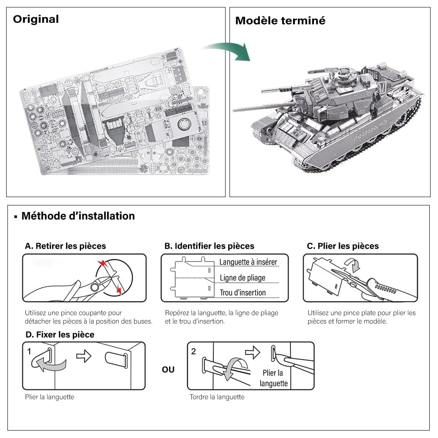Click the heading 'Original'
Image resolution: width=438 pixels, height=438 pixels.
[35, 19]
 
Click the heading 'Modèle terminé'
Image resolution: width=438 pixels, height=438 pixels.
[280, 21]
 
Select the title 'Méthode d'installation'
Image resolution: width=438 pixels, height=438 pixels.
[78, 216]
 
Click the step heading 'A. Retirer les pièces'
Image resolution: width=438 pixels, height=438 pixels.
[65, 246]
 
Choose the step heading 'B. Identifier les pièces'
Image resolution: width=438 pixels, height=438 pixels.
[209, 246]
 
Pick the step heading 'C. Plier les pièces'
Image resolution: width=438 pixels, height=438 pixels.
[343, 246]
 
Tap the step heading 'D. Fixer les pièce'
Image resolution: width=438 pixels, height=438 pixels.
[60, 335]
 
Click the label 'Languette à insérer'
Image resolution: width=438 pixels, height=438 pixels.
[248, 262]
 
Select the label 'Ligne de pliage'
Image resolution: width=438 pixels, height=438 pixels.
[242, 278]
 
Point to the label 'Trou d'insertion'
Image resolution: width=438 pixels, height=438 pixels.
[243, 293]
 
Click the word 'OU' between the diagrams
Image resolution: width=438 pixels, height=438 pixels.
[168, 370]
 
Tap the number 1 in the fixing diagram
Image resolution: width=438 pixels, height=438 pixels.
[29, 351]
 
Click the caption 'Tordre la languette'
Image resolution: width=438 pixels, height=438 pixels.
[217, 397]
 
